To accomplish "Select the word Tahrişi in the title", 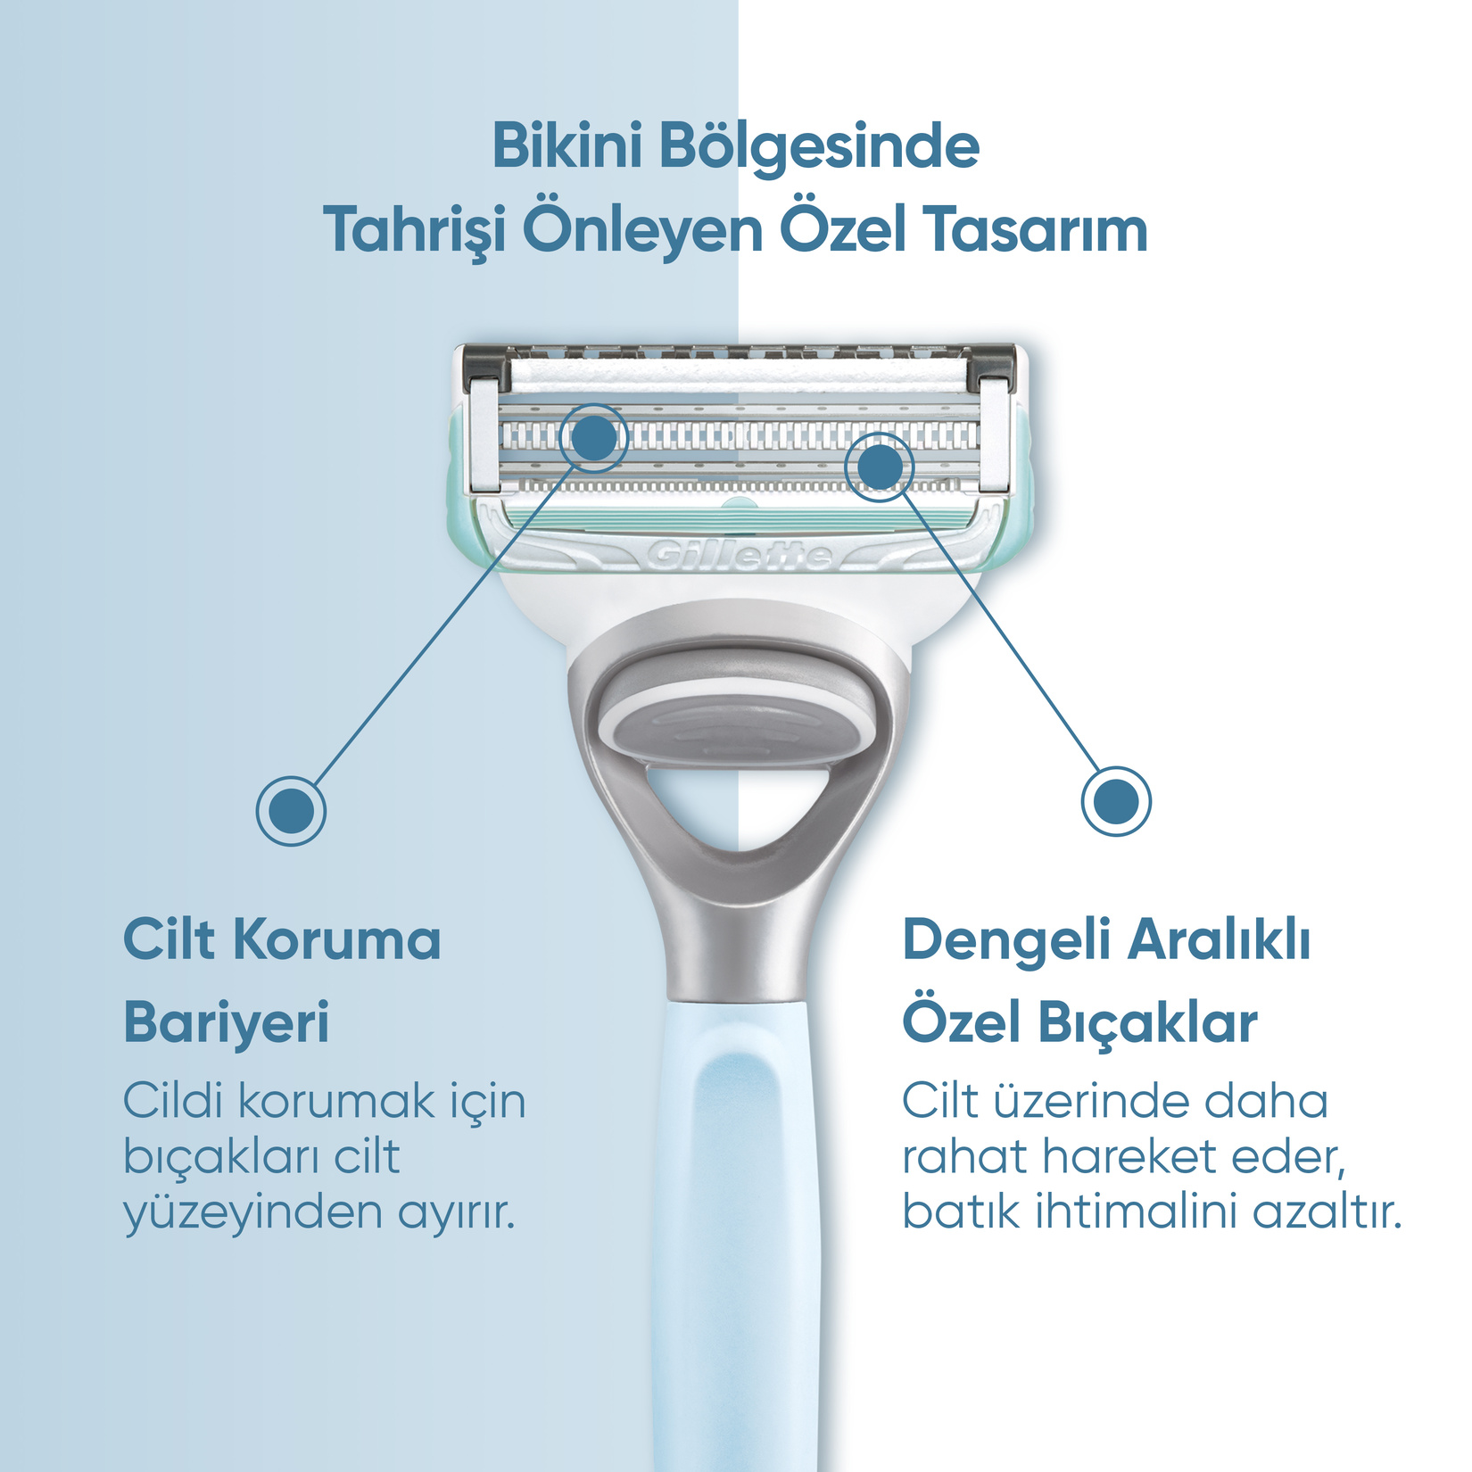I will coord(414,231).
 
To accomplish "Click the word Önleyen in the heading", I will coord(642,229).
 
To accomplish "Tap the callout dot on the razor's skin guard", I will coord(594,437).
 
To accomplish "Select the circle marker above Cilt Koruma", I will coord(291,811).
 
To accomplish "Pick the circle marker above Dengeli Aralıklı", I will coord(1116,801).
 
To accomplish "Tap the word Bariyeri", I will coord(227,1024).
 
